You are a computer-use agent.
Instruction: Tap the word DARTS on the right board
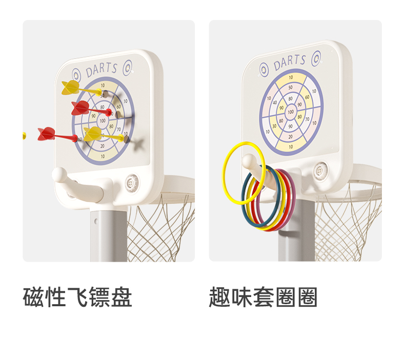[290, 63]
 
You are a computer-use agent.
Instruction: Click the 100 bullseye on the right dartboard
[291, 112]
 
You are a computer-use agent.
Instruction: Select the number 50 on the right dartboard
[291, 88]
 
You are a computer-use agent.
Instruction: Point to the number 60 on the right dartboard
[307, 97]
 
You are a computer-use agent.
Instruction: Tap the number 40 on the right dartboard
[275, 102]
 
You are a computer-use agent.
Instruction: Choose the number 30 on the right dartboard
[275, 125]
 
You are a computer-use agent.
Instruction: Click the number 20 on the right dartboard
[291, 136]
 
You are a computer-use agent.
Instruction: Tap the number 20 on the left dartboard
[103, 146]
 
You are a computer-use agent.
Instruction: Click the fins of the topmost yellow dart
[71, 87]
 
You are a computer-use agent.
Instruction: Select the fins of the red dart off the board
[46, 134]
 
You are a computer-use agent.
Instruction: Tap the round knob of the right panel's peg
[249, 161]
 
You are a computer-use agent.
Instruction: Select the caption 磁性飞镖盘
[78, 298]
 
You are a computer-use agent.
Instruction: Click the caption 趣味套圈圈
[263, 298]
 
